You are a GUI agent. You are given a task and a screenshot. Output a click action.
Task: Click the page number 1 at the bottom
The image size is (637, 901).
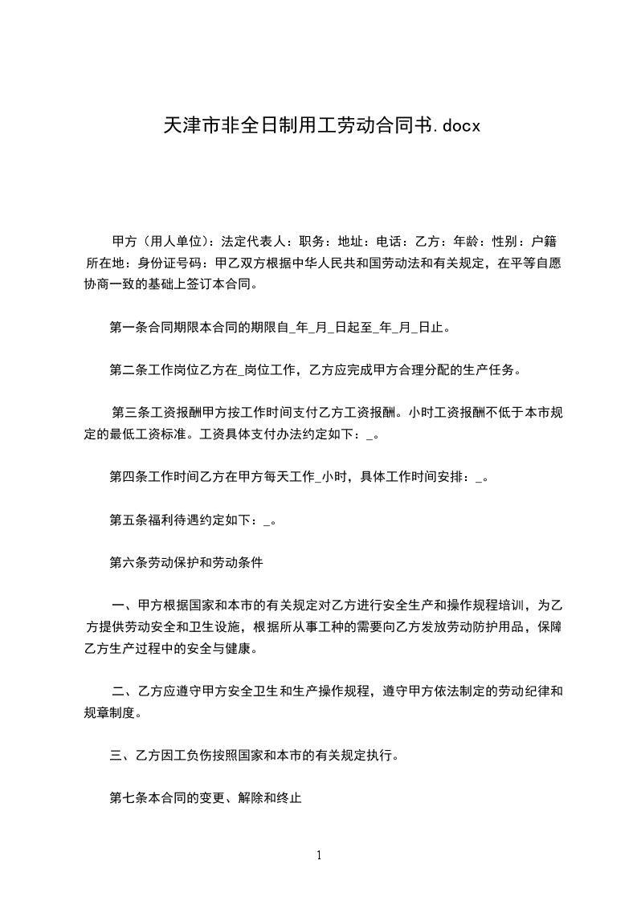[319, 855]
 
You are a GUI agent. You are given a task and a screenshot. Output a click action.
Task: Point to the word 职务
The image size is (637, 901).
[310, 241]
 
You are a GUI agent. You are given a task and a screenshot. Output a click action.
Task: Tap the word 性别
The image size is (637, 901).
[503, 241]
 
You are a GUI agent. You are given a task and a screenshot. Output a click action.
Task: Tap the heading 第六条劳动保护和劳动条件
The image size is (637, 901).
[186, 563]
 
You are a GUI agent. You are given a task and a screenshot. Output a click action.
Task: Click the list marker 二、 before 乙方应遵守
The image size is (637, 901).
[123, 691]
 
